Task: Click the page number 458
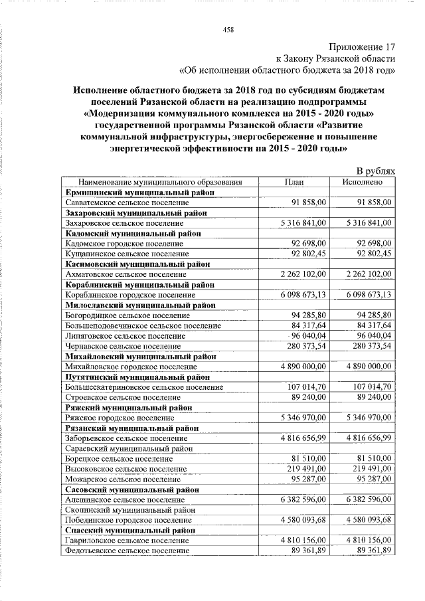click(x=228, y=29)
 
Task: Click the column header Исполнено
click(x=363, y=181)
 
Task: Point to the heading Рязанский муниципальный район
click(x=132, y=428)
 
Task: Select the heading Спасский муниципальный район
click(x=128, y=531)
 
